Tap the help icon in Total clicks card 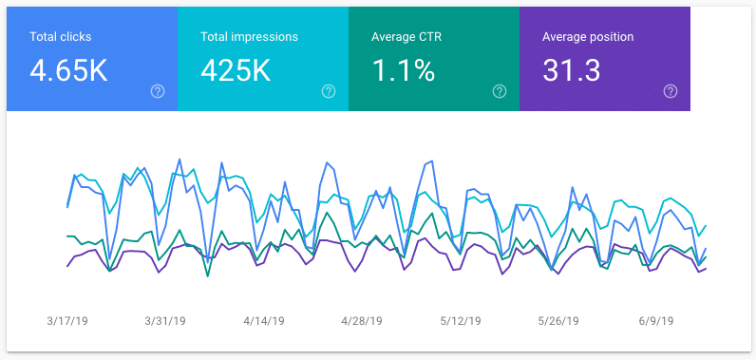tap(158, 91)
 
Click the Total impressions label tap(250, 37)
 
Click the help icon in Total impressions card tap(329, 91)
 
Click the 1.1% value tap(403, 69)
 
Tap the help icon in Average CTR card tap(500, 91)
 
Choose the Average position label tap(588, 37)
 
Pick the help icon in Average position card tap(671, 91)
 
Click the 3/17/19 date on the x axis tap(66, 321)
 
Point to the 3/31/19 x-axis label tap(166, 321)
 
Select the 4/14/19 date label tap(265, 321)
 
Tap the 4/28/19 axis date tap(361, 321)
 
